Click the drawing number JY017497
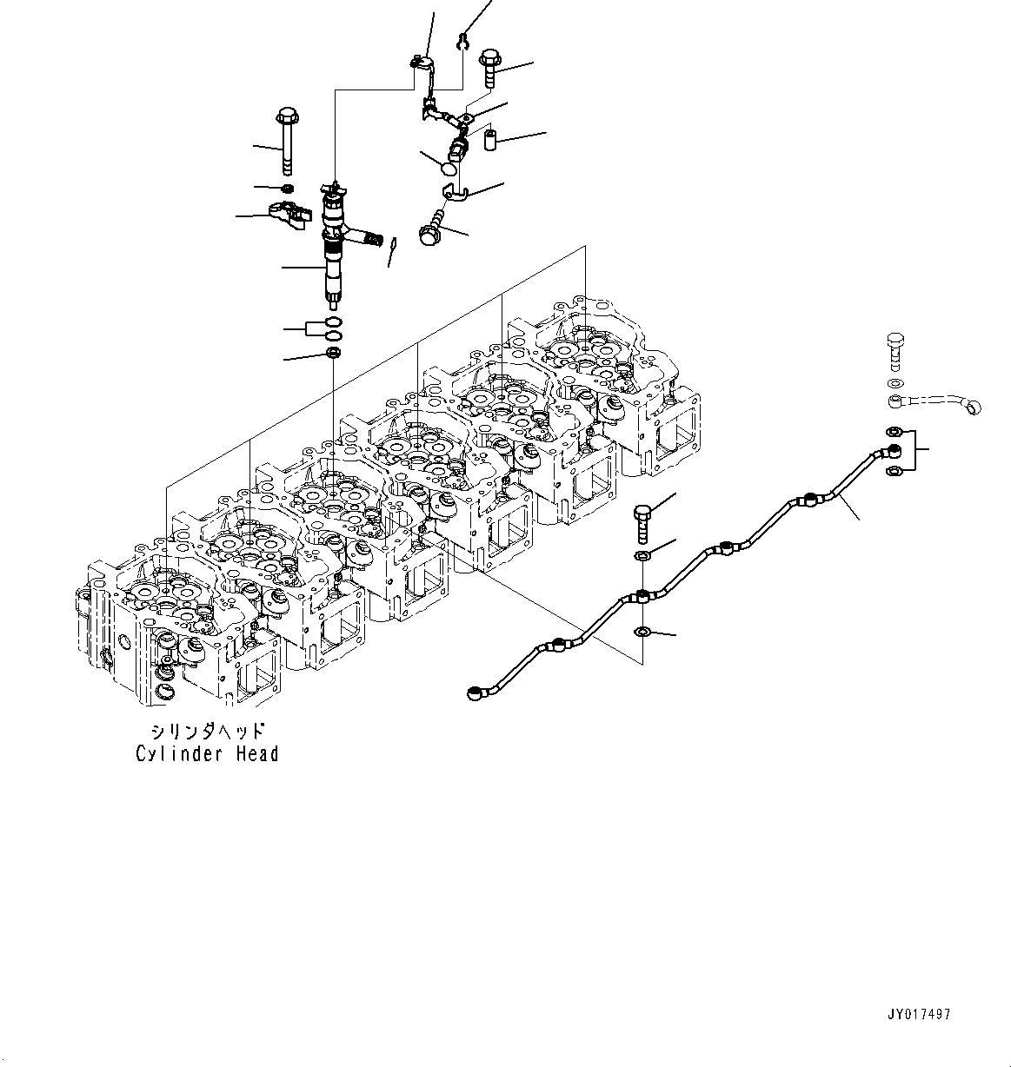coord(921,1014)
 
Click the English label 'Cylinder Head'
coord(207,754)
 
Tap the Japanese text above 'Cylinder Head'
coord(207,732)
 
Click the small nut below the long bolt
coord(288,189)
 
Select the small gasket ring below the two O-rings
coord(332,353)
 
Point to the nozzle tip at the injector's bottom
coord(333,301)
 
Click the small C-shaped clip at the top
coord(464,39)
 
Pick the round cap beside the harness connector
coord(449,163)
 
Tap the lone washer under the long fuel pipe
coord(642,631)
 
